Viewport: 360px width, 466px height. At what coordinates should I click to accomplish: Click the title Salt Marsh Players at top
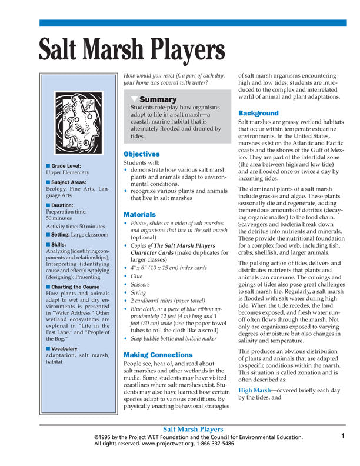pyautogui.click(x=131, y=51)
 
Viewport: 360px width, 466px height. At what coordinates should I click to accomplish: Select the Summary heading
pyautogui.click(x=158, y=99)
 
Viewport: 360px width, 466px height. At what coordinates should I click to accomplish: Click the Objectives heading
pyautogui.click(x=141, y=154)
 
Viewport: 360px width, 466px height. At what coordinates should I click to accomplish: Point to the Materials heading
pyautogui.click(x=139, y=215)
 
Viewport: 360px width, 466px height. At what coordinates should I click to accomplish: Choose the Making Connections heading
pyautogui.click(x=158, y=355)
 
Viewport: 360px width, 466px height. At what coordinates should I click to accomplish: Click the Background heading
pyautogui.click(x=258, y=113)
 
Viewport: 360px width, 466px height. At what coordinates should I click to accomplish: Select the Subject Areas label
pyautogui.click(x=69, y=183)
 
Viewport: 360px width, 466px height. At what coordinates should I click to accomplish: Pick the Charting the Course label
pyautogui.click(x=75, y=287)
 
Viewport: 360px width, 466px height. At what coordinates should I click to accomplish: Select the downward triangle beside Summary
pyautogui.click(x=135, y=99)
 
